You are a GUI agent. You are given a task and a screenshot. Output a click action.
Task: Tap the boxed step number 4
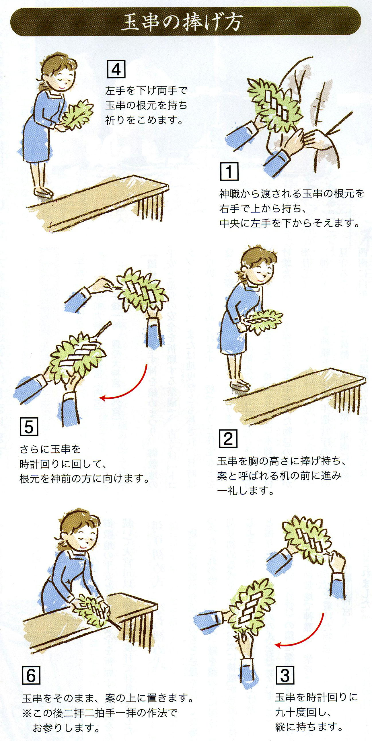(x=116, y=69)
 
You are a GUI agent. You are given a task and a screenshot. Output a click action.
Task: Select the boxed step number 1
(x=229, y=172)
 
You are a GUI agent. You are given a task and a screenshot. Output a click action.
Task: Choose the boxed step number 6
(x=31, y=676)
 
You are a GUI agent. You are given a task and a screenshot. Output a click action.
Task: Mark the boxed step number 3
(x=285, y=675)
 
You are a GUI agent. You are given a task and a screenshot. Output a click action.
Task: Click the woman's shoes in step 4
(x=43, y=192)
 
